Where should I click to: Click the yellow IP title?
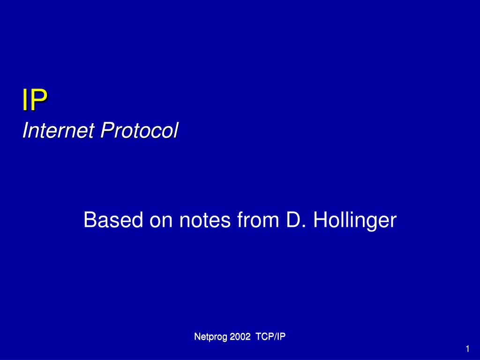pyautogui.click(x=35, y=100)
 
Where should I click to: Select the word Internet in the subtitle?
pyautogui.click(x=58, y=130)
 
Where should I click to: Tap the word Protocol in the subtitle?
pyautogui.click(x=139, y=130)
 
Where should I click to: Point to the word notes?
pyautogui.click(x=205, y=220)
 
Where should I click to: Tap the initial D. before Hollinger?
pyautogui.click(x=296, y=220)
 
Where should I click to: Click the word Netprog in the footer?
pyautogui.click(x=211, y=337)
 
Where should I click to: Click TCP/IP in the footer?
pyautogui.click(x=270, y=337)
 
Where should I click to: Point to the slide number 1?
pyautogui.click(x=467, y=349)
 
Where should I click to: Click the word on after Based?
pyautogui.click(x=161, y=222)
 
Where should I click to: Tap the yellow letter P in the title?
pyautogui.click(x=39, y=100)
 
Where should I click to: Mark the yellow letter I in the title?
pyautogui.click(x=25, y=100)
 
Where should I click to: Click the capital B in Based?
pyautogui.click(x=90, y=220)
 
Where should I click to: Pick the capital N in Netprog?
pyautogui.click(x=197, y=337)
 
